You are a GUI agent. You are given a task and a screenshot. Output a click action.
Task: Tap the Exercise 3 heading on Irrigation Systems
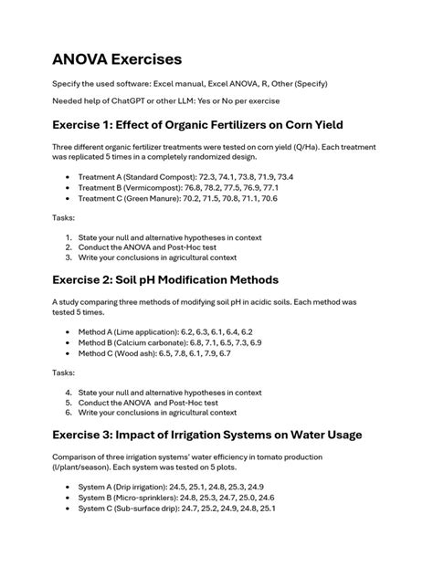pos(206,435)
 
